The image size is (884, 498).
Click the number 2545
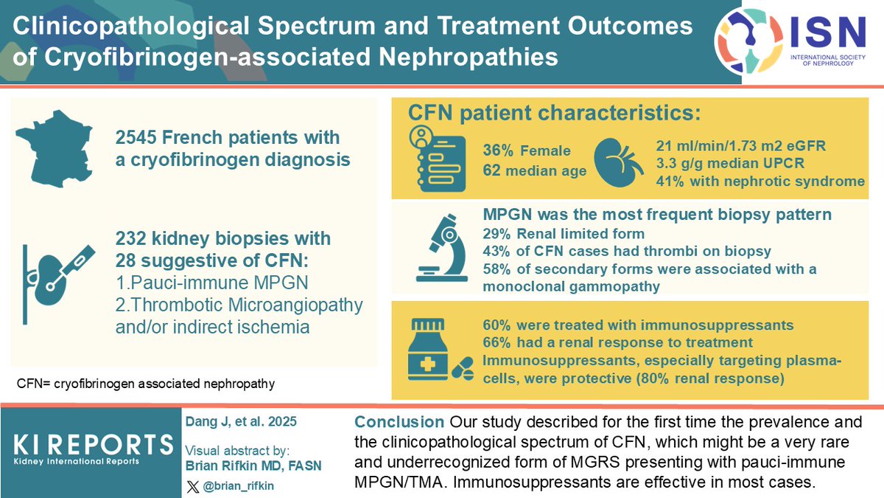tap(136, 137)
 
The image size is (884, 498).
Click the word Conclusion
tap(399, 423)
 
